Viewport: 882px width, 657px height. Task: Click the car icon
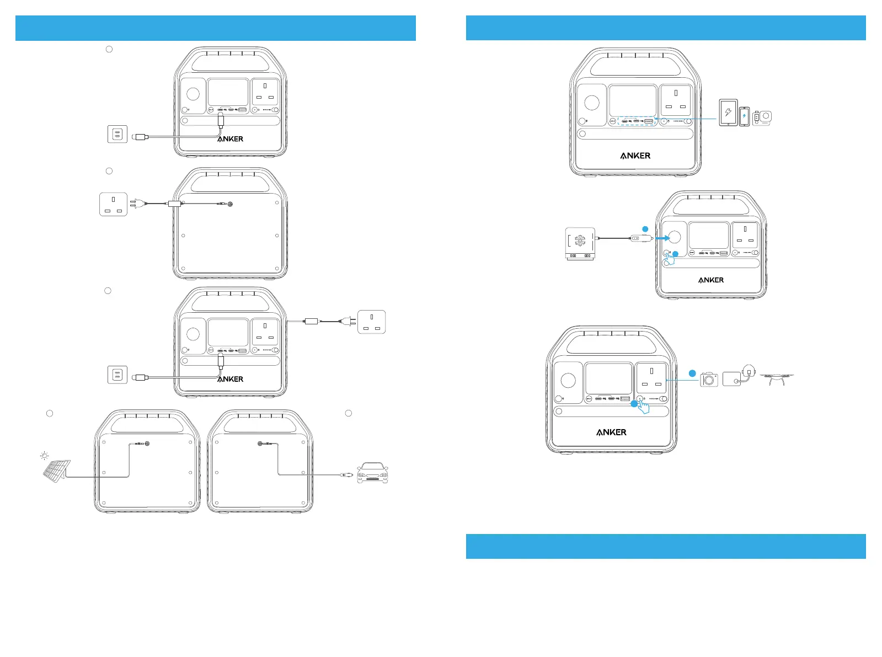(x=372, y=473)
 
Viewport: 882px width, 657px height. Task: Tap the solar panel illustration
(x=57, y=471)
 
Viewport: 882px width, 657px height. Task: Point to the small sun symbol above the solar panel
(x=44, y=456)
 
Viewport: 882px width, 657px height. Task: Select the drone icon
(x=776, y=378)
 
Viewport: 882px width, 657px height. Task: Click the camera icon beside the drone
(x=709, y=379)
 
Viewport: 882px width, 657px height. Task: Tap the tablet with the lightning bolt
(x=728, y=113)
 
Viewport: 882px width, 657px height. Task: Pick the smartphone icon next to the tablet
(x=744, y=116)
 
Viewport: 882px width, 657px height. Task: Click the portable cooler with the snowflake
(x=580, y=243)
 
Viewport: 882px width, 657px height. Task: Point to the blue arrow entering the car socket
(x=662, y=238)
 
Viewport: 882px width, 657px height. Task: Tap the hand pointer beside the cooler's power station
(x=671, y=258)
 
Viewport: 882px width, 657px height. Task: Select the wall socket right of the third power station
(x=371, y=322)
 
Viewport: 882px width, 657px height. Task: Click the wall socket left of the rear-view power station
(x=113, y=204)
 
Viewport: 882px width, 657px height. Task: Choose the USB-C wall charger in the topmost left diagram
(x=117, y=134)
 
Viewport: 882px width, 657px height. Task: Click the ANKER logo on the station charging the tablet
(x=635, y=156)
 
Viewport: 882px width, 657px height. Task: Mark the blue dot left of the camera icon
(x=692, y=373)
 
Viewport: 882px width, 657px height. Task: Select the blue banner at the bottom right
(x=666, y=546)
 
